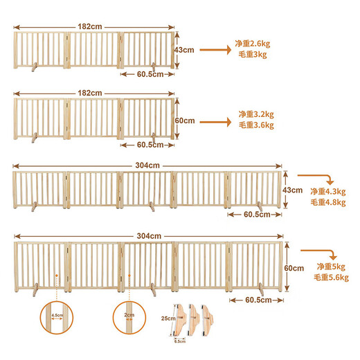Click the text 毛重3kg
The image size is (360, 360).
tap(253, 55)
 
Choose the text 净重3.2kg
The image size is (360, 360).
tap(256, 114)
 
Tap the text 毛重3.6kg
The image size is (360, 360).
tap(256, 125)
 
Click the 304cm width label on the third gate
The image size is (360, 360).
tap(147, 165)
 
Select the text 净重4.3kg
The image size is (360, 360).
tap(326, 191)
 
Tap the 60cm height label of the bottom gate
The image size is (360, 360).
tap(294, 267)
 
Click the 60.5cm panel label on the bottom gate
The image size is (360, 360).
tap(262, 300)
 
